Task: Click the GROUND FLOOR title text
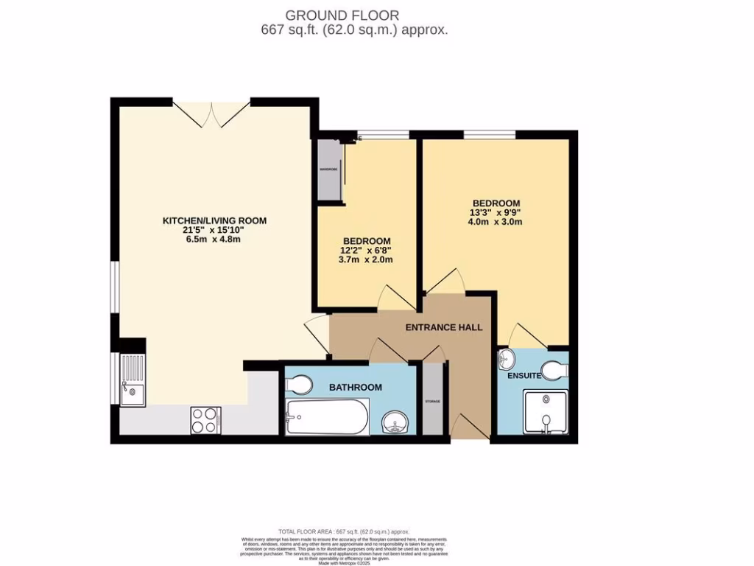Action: pos(342,15)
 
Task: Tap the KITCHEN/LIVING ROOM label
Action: pos(214,220)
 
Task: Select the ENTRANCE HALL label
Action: pos(444,326)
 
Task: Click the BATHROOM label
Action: pos(355,387)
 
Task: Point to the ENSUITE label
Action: pos(524,376)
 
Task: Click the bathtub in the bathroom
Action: pos(327,417)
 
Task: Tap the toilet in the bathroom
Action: pos(300,384)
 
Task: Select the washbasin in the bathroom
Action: pos(395,424)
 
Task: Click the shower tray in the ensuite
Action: pos(545,412)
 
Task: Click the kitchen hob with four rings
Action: pos(205,420)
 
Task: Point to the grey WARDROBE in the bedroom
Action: pos(328,170)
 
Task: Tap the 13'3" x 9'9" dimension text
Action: pos(496,213)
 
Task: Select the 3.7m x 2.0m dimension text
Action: pos(366,259)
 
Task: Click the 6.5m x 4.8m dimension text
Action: pos(214,239)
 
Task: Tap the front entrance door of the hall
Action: pos(468,428)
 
